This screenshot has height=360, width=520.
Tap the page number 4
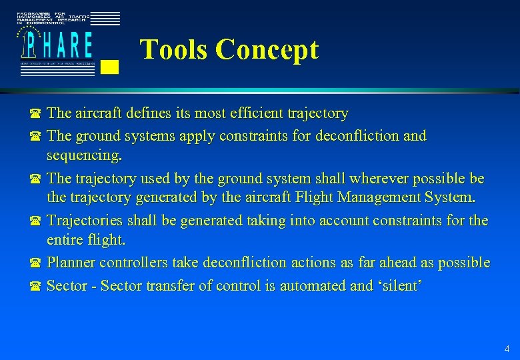(507, 348)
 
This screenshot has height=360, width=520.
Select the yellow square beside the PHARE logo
(112, 66)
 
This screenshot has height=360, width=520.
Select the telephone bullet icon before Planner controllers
(35, 264)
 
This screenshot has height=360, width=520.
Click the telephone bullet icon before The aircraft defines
(35, 115)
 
